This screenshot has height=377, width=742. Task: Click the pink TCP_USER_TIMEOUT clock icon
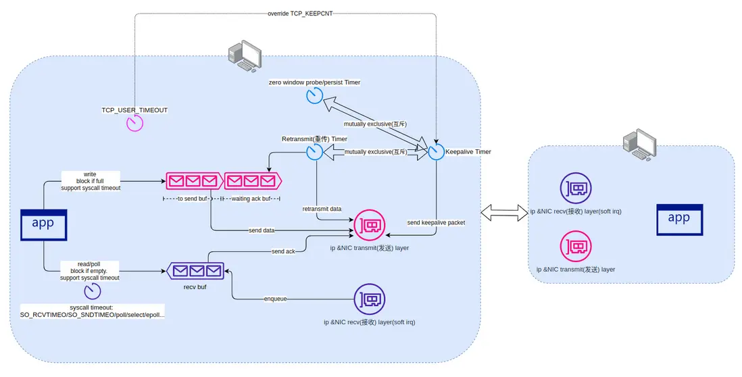point(135,124)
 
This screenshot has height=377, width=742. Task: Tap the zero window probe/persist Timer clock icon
point(314,96)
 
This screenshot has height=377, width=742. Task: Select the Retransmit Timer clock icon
point(314,152)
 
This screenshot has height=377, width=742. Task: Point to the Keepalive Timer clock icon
point(436,152)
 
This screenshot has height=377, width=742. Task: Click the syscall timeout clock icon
point(93,292)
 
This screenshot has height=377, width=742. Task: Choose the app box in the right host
point(678,220)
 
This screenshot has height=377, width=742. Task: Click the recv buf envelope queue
point(196,271)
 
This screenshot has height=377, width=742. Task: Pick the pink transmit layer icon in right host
point(575,247)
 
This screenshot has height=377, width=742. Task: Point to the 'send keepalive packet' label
point(436,222)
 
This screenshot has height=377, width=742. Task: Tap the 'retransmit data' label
point(322,209)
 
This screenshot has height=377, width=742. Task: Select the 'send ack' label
point(282,251)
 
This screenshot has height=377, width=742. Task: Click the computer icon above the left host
point(244,56)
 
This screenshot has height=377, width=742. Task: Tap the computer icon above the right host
point(638,144)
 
